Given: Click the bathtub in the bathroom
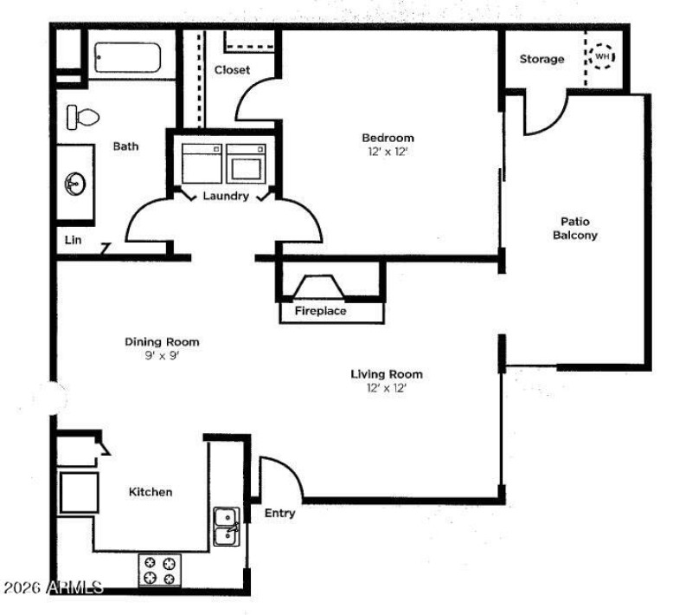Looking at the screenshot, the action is pos(127,57).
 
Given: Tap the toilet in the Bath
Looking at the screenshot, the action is pos(82,117).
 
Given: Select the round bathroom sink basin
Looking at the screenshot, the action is pos(75,184).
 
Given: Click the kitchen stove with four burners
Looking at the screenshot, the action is pos(160,570).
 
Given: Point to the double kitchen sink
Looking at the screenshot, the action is pos(227,527).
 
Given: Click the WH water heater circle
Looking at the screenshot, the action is pos(602,56).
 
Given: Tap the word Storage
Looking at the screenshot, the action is pos(542,59).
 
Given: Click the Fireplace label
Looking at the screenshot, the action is pos(320,311).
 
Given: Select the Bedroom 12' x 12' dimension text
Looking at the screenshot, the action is pos(388,152).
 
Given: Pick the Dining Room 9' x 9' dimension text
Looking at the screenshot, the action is pos(162,355).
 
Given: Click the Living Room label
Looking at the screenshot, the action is pos(387,374).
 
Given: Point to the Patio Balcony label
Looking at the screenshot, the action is pos(575,228).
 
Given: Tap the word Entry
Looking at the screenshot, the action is pos(279,513).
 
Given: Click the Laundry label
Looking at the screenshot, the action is pos(226,196).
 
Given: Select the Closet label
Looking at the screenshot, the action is pos(232,70).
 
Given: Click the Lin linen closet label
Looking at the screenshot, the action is pos(74,240).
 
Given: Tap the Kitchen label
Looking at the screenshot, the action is pos(151,492).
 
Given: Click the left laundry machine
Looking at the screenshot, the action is pos(202,164).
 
